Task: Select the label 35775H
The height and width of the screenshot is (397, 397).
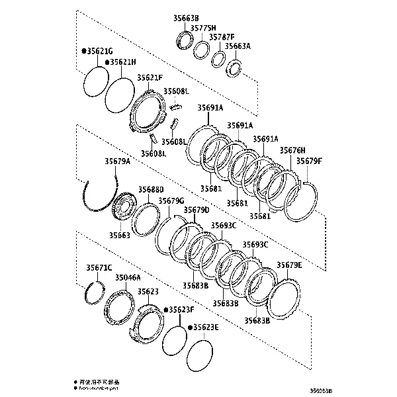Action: [x=203, y=28]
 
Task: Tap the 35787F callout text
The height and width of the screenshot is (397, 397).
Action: [x=222, y=37]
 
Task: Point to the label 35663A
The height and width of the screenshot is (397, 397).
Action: [x=238, y=46]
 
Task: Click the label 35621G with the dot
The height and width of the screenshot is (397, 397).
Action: [x=97, y=51]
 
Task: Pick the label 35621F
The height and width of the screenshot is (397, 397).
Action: [x=150, y=78]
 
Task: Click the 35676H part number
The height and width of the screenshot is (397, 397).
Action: [x=292, y=151]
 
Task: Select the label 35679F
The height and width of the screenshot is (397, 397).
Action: [x=308, y=161]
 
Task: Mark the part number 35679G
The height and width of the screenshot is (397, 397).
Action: [x=171, y=200]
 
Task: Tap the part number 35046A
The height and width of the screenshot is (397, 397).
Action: [x=128, y=278]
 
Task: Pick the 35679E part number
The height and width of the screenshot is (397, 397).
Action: [x=289, y=265]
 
